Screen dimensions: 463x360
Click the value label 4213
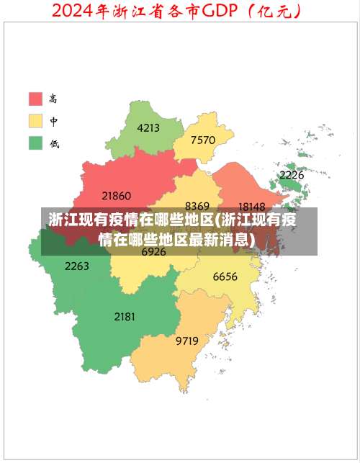[148, 128]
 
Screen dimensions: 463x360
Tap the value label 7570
[203, 140]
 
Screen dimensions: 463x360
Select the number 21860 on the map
[116, 195]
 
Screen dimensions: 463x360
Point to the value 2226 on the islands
[292, 175]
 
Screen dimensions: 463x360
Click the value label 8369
[197, 206]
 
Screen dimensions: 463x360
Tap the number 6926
[153, 252]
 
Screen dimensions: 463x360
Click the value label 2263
[77, 266]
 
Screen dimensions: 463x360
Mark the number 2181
[125, 316]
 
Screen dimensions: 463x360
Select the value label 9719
[187, 341]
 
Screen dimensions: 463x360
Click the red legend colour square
[35, 99]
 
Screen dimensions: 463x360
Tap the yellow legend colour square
[35, 121]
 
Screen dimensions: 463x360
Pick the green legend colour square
[35, 143]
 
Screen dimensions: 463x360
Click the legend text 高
[54, 99]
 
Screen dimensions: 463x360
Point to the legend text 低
[54, 143]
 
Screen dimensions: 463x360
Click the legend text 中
[54, 121]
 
